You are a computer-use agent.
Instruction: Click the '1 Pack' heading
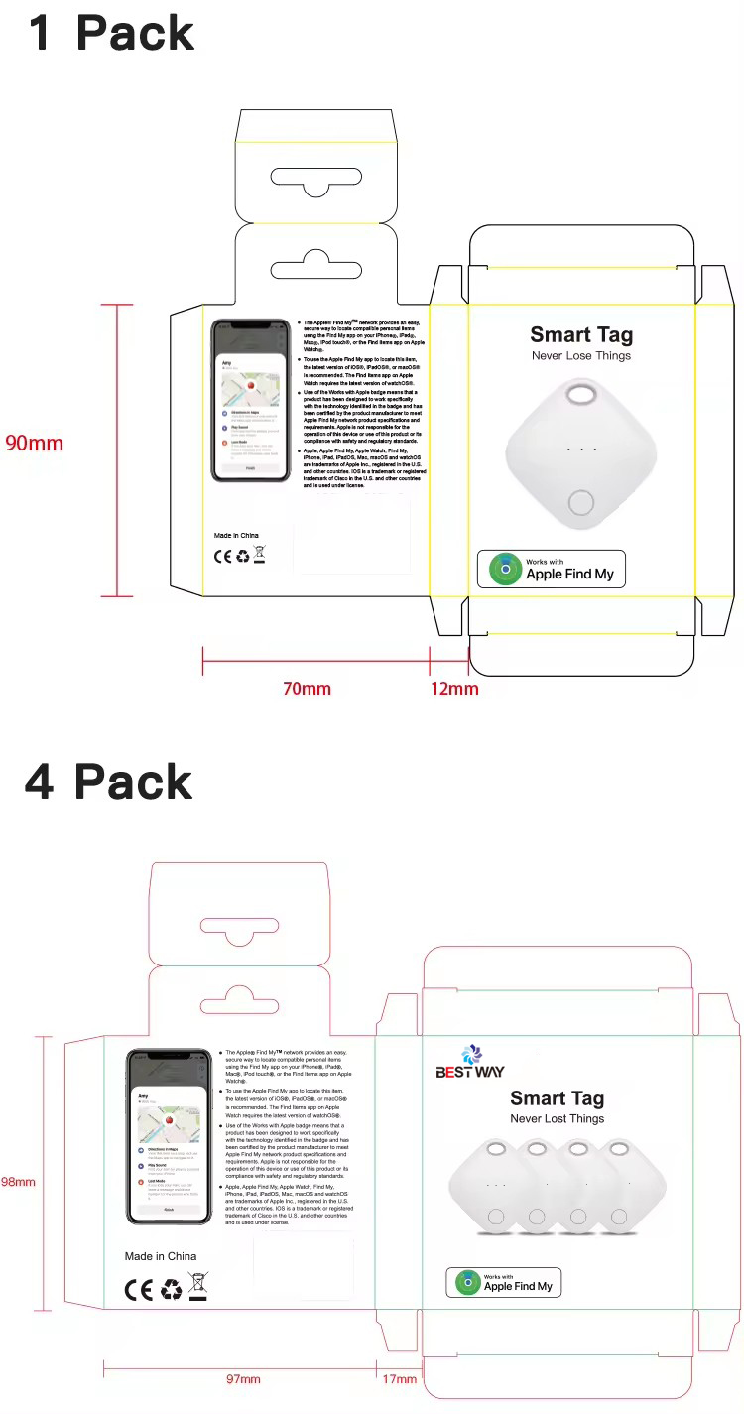point(110,33)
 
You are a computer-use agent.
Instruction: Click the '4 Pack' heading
point(108,782)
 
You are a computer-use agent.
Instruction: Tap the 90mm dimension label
point(34,443)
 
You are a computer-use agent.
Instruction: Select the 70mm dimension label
point(307,688)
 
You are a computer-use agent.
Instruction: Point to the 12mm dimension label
point(454,688)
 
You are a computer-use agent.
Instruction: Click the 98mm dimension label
point(18,1182)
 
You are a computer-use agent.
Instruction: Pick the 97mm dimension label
point(242,1379)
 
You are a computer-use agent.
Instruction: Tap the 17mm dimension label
point(399,1379)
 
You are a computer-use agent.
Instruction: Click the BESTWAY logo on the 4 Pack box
point(470,1063)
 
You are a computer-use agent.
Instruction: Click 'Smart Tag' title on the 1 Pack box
point(581,335)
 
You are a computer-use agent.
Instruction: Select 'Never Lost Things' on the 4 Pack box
point(557,1119)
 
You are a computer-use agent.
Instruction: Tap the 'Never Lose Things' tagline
point(581,356)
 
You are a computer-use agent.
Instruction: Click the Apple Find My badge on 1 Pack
point(552,569)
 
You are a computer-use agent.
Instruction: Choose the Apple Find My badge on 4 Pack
point(504,1282)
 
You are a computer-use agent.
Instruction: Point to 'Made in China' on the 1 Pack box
point(236,535)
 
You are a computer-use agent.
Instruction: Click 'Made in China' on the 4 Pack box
point(161,1256)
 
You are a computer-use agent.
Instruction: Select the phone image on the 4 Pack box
point(170,1136)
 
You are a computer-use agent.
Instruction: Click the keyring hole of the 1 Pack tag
point(580,396)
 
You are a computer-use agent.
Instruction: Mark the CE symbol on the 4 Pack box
point(139,1289)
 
